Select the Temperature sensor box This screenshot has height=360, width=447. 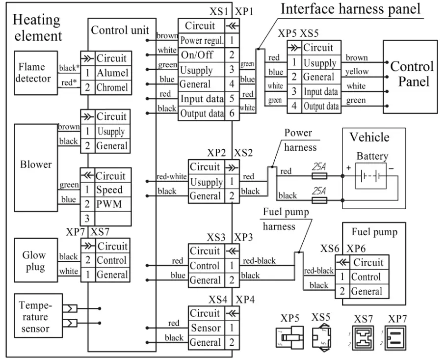35,316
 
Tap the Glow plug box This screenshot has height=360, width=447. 34,261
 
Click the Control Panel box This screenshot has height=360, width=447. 412,75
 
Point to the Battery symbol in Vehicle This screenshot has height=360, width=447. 371,175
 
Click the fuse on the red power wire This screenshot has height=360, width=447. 320,176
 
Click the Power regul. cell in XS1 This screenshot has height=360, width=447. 202,40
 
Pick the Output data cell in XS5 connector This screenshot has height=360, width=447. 320,106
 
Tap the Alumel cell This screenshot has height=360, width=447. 112,73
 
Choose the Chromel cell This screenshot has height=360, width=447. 112,87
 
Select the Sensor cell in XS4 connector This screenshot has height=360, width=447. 206,328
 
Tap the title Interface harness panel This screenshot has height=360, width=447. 351,9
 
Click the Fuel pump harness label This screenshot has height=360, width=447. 286,219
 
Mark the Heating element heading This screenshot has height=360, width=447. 37,28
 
